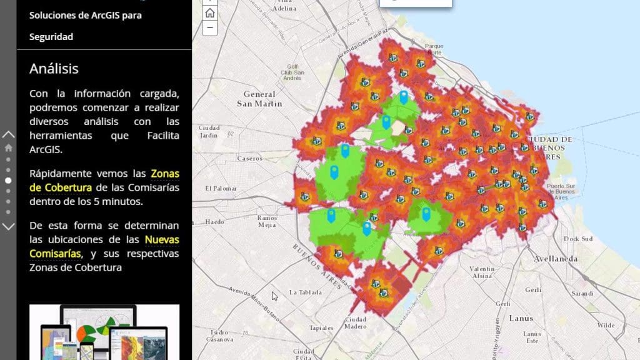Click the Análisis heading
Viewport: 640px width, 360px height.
click(54, 69)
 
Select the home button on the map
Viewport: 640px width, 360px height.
click(210, 12)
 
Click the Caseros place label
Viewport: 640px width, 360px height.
click(250, 159)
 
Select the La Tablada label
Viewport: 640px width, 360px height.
click(306, 292)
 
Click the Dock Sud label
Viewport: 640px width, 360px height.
click(577, 239)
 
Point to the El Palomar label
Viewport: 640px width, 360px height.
click(218, 187)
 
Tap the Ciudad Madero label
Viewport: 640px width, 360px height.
click(356, 322)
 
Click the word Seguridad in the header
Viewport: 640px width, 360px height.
click(51, 37)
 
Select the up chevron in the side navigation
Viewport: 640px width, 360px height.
click(8, 134)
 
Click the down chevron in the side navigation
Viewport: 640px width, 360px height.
click(8, 226)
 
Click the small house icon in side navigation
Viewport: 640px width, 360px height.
click(8, 148)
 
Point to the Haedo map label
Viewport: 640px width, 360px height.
click(214, 222)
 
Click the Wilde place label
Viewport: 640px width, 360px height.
click(606, 326)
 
